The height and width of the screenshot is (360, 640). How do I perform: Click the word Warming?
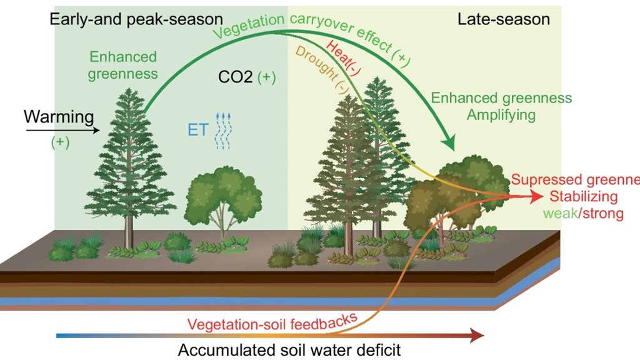(x=59, y=116)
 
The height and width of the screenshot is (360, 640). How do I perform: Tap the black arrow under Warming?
(x=62, y=131)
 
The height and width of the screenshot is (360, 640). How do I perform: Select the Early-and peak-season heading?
(x=136, y=19)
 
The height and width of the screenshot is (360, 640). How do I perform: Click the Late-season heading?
(x=504, y=19)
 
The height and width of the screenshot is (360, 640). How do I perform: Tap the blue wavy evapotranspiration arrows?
(x=223, y=132)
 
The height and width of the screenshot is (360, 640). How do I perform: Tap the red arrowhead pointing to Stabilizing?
(x=537, y=197)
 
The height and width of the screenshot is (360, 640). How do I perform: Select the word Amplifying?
(x=501, y=115)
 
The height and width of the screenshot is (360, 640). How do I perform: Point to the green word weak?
(x=558, y=214)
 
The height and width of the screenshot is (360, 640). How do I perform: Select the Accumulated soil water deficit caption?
(x=289, y=349)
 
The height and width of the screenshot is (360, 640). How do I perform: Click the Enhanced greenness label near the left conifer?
(x=123, y=66)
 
